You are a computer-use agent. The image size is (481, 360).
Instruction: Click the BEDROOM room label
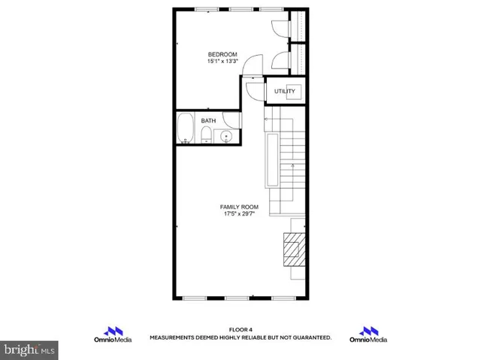click(222, 54)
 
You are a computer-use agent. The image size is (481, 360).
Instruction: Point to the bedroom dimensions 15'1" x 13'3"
click(222, 62)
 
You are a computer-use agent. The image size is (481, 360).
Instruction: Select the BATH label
click(208, 119)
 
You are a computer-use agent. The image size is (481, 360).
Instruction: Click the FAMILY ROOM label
click(239, 207)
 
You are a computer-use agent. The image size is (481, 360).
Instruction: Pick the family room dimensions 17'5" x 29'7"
click(239, 214)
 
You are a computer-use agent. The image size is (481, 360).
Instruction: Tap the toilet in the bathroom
click(206, 135)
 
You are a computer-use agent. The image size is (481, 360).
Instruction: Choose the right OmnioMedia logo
click(368, 335)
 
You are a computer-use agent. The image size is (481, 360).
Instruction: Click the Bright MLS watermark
click(29, 349)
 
